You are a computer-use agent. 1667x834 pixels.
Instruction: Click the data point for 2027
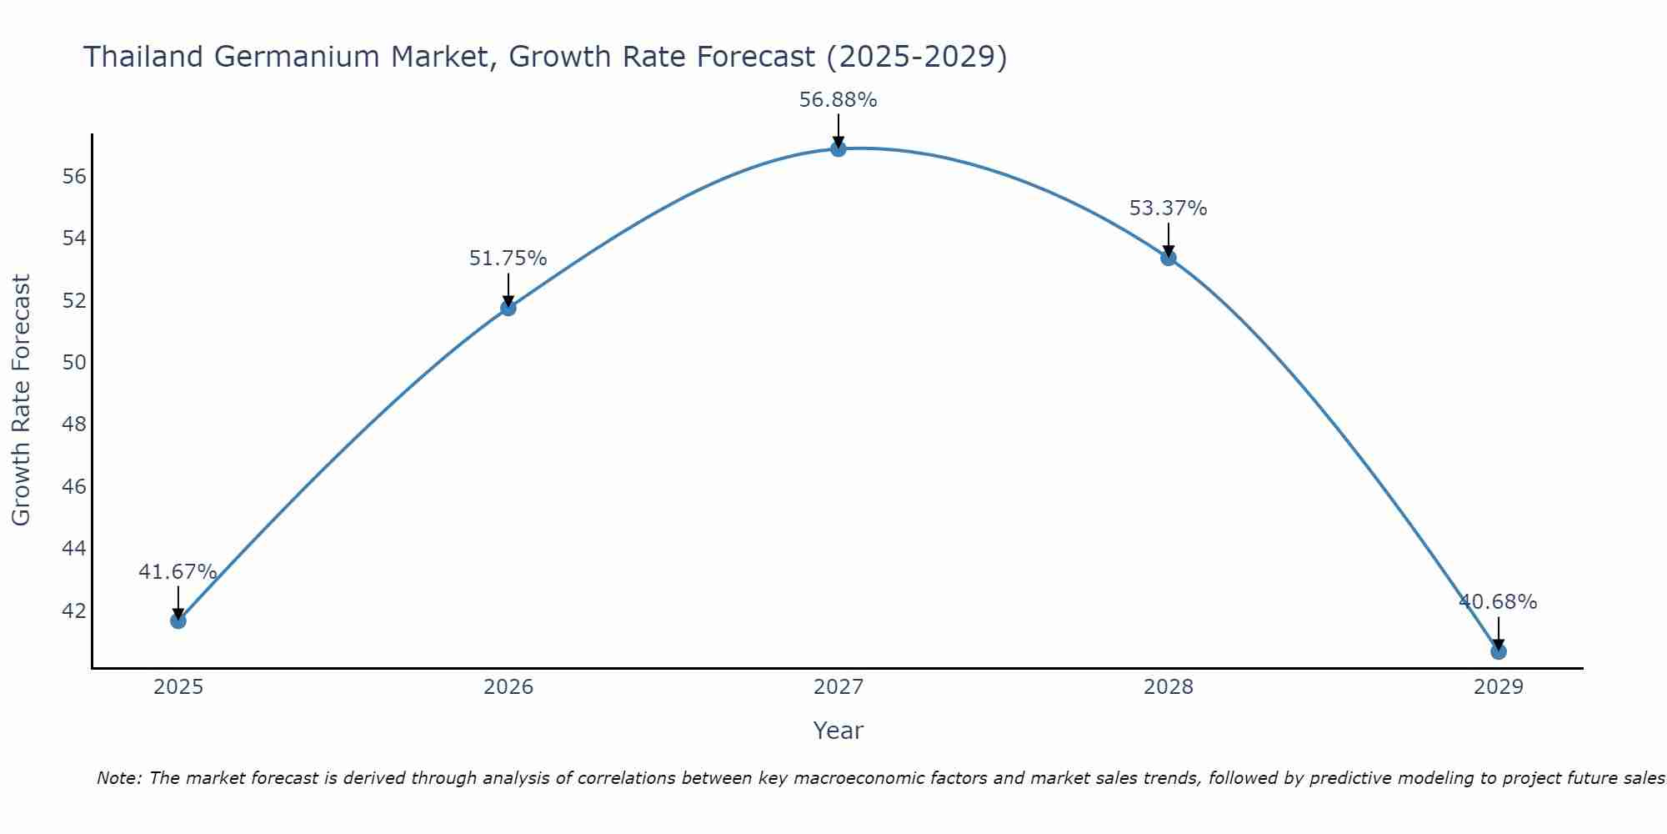tap(838, 148)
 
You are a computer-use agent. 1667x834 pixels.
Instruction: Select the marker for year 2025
tap(178, 620)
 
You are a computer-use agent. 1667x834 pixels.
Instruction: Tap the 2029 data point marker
tap(1498, 651)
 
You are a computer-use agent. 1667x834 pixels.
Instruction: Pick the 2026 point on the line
tap(508, 308)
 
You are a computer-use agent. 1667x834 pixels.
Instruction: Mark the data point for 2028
tap(1168, 258)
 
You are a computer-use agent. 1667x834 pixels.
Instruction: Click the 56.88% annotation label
tap(838, 100)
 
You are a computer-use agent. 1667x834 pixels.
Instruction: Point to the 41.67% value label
tap(178, 572)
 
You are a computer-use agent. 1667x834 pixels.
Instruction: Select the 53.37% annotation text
tap(1168, 208)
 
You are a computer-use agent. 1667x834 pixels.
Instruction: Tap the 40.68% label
tap(1498, 602)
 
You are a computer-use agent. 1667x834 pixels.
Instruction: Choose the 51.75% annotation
tap(508, 259)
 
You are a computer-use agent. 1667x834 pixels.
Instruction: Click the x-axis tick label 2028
tap(1168, 687)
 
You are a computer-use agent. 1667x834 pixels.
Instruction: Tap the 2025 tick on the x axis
tap(178, 687)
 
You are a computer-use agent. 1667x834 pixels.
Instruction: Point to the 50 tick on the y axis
tap(74, 363)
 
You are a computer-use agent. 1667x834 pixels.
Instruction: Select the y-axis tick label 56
tap(74, 177)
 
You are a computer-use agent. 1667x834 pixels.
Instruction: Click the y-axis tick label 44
tap(74, 549)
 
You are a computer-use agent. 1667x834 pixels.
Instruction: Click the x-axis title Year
tap(838, 731)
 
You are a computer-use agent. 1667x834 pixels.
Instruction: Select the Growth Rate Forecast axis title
tap(21, 400)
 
